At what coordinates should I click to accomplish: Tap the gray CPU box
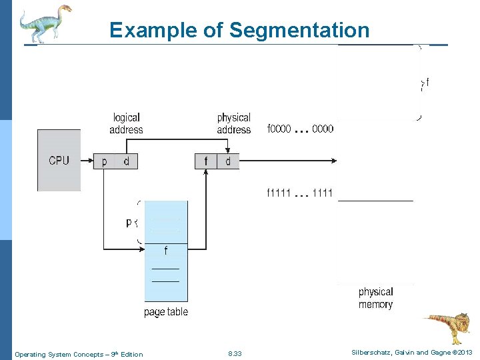coord(59,160)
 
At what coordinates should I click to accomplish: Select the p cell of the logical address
coord(104,161)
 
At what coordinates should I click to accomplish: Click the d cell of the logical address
coord(126,161)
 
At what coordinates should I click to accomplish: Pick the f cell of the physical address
coord(206,161)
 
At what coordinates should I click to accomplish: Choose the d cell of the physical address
coord(228,161)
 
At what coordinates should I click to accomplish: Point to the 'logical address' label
coord(126,123)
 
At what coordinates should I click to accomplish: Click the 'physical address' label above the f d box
coord(233,123)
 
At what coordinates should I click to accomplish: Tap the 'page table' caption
coord(166,311)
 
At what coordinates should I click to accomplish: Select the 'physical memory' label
coord(376,298)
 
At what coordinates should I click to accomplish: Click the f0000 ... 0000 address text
coord(300,129)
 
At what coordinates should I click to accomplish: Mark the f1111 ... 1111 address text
coord(300,193)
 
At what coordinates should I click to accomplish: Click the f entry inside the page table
coord(166,251)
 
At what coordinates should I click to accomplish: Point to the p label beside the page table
coord(129,223)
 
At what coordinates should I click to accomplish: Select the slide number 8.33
coord(235,354)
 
